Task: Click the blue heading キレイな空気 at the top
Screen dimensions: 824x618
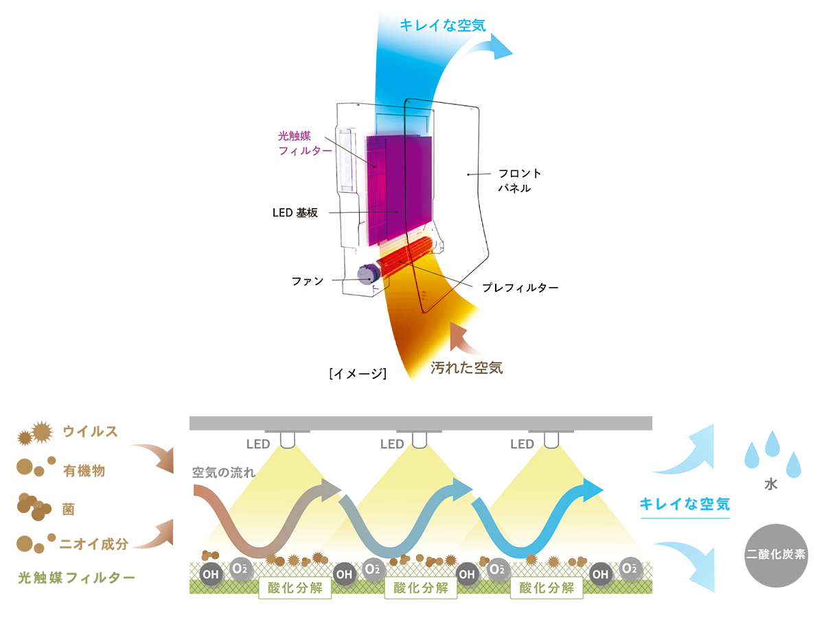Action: coord(443,25)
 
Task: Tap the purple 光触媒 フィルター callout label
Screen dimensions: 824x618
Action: coord(305,144)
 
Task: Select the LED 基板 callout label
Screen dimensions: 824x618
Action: coord(295,213)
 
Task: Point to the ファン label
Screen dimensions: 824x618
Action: coord(308,281)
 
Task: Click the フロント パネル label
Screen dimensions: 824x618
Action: coord(520,181)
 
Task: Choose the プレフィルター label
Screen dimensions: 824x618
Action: coord(520,288)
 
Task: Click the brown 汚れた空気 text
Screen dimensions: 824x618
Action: coord(467,368)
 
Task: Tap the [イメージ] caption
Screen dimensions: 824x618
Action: coord(358,374)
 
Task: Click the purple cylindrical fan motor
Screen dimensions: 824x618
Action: coord(367,274)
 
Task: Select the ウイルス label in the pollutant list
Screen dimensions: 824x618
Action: coord(91,431)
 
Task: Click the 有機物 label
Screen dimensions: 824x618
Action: coord(84,470)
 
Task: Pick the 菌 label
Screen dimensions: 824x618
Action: coord(68,510)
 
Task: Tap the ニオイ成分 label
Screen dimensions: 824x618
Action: coord(94,544)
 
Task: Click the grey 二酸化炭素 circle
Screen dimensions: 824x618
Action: coord(776,556)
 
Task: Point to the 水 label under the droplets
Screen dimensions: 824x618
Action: coord(770,484)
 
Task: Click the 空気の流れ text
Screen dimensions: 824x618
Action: coord(224,472)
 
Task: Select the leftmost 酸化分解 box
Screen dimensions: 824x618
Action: coord(295,588)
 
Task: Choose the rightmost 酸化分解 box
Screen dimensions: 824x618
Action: coord(547,588)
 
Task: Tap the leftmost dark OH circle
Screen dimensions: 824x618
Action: coord(211,574)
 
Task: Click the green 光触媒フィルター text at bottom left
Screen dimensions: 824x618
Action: coord(77,578)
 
